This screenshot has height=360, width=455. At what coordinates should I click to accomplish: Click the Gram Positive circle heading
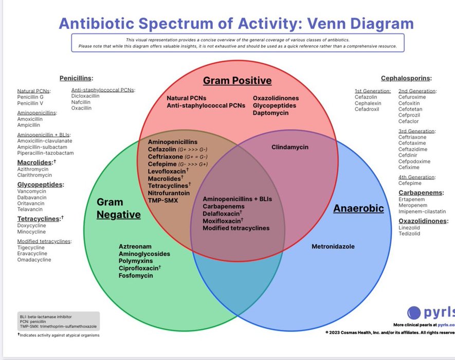(x=237, y=81)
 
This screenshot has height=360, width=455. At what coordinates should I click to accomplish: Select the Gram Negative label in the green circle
(x=118, y=208)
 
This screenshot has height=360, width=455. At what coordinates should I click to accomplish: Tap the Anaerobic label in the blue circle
(x=358, y=208)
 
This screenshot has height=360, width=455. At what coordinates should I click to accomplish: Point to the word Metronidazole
(x=333, y=247)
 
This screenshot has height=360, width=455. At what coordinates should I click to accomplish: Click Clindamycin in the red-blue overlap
(x=290, y=147)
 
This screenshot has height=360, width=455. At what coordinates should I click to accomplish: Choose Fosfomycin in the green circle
(x=136, y=276)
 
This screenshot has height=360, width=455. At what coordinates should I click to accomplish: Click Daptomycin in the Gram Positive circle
(x=270, y=113)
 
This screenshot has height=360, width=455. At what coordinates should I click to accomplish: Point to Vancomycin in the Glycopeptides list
(x=32, y=191)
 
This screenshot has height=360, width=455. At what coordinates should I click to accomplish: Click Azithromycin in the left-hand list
(x=33, y=169)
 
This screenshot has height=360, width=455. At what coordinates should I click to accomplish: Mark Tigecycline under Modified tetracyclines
(x=32, y=247)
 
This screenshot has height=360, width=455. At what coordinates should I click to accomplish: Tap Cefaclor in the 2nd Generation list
(x=409, y=121)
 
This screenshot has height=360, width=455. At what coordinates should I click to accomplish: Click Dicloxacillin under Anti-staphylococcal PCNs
(x=85, y=96)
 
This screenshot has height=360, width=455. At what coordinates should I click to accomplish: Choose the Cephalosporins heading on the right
(x=406, y=79)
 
